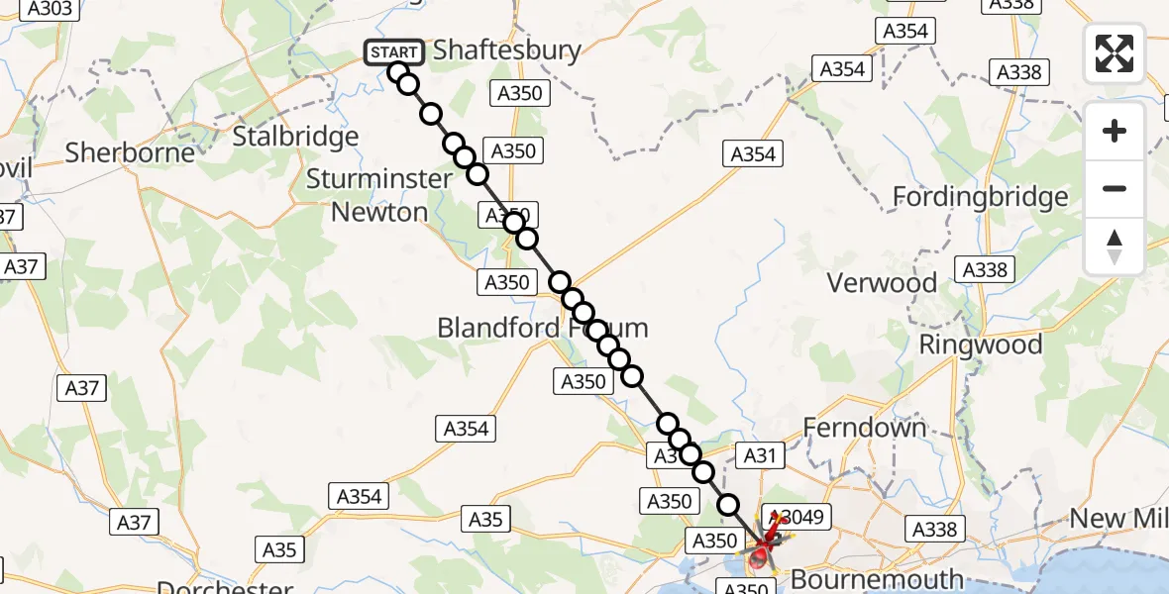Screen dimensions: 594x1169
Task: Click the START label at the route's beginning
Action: pyautogui.click(x=394, y=51)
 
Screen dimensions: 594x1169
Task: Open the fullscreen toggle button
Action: pyautogui.click(x=1115, y=53)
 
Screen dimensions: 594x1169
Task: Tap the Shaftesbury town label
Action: pyautogui.click(x=507, y=49)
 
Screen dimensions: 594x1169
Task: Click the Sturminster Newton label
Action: pyautogui.click(x=379, y=195)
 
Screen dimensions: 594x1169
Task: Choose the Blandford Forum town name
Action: pyautogui.click(x=543, y=328)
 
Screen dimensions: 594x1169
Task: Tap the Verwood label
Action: pyautogui.click(x=882, y=283)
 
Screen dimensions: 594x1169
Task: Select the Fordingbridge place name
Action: pyautogui.click(x=980, y=197)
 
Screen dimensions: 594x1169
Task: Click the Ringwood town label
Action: pyautogui.click(x=981, y=345)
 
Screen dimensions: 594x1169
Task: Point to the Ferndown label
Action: pyautogui.click(x=865, y=428)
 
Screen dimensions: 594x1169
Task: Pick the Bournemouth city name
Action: pyautogui.click(x=878, y=579)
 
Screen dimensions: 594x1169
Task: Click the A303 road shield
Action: pyautogui.click(x=50, y=9)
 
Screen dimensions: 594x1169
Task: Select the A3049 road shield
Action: pyautogui.click(x=798, y=517)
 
